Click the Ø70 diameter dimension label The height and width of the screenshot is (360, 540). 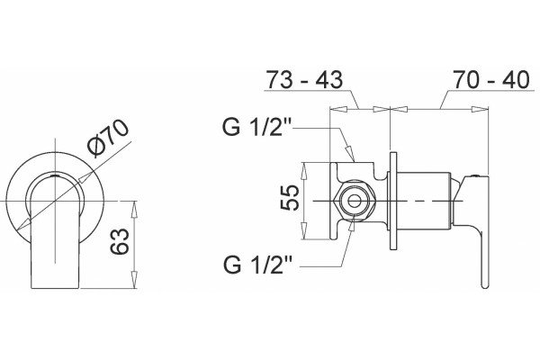(108, 139)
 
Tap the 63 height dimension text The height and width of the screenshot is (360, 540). (119, 241)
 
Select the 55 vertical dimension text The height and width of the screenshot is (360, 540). (289, 197)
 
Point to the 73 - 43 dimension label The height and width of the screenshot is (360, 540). (304, 79)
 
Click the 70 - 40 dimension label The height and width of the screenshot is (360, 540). (490, 79)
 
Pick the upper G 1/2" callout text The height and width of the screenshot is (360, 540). (257, 126)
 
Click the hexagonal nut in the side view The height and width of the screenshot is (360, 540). (354, 201)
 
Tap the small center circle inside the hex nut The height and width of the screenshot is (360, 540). (354, 201)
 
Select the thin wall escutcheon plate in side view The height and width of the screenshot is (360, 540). (393, 201)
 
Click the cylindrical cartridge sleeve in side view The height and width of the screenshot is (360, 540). (424, 201)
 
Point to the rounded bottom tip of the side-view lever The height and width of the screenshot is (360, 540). (484, 285)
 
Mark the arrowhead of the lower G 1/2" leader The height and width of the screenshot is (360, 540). (352, 223)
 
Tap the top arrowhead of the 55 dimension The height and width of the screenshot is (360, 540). (304, 171)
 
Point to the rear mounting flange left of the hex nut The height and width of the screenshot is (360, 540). (333, 201)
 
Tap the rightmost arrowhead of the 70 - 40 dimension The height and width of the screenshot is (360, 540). (480, 109)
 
